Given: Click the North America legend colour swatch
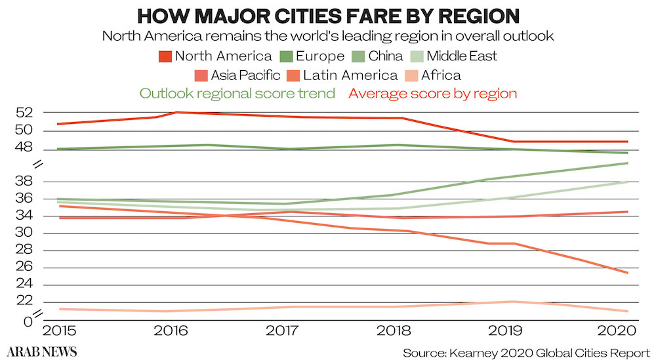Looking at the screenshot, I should point(166,56).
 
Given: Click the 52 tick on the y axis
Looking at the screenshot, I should point(25,112).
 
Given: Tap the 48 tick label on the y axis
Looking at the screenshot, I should point(25,148).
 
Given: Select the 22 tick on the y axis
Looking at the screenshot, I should point(25,300).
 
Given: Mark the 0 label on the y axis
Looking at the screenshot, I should point(28,322).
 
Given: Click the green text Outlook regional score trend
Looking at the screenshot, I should point(237,93).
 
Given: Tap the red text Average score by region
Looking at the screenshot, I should point(433,93).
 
